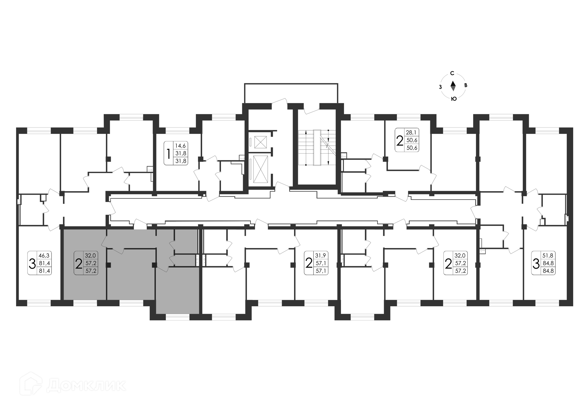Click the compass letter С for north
tap(452, 73)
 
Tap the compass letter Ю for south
tap(454, 99)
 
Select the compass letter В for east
tap(466, 85)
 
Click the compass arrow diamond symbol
tap(453, 86)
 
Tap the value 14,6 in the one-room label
tap(181, 145)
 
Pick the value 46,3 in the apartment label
tap(44, 256)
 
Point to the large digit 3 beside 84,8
tap(536, 264)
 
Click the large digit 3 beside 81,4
tap(32, 264)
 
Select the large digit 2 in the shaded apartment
tap(79, 264)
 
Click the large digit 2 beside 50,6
tap(400, 140)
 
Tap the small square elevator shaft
tap(260, 142)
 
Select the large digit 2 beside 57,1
tap(309, 264)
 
